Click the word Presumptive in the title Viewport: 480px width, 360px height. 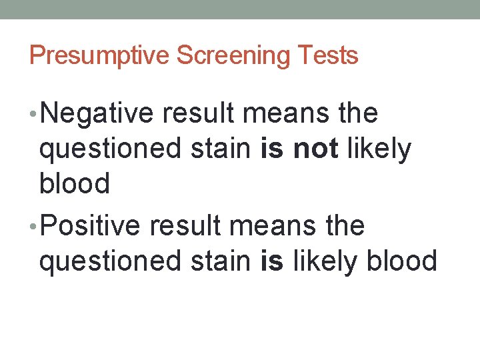click(100, 55)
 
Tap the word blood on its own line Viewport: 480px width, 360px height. click(75, 183)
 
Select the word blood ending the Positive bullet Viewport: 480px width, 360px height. click(402, 261)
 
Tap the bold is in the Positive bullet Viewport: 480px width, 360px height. click(271, 261)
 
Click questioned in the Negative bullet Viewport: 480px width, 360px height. click(109, 150)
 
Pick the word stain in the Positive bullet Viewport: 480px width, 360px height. click(221, 261)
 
